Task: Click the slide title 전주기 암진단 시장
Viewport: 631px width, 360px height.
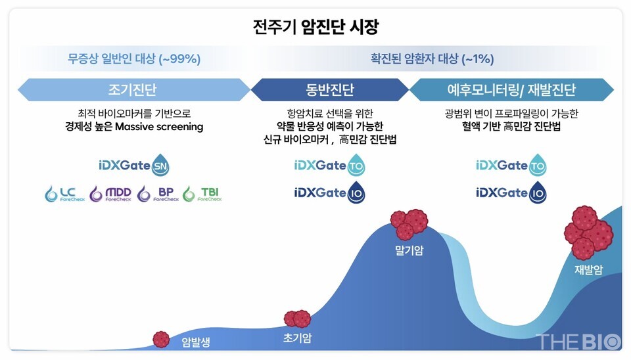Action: point(315,28)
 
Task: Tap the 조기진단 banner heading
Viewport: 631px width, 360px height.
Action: point(132,89)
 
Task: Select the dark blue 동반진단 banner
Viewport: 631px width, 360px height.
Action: point(329,89)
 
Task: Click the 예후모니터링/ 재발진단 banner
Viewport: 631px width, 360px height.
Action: point(511,89)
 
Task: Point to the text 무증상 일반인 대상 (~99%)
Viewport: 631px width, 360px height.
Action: point(134,59)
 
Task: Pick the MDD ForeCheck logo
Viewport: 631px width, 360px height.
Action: point(110,194)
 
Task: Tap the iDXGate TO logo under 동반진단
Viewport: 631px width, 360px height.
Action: point(329,166)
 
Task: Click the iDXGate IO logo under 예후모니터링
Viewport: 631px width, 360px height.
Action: point(511,193)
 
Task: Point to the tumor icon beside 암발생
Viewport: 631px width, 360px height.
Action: point(161,339)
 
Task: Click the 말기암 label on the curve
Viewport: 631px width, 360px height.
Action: point(409,250)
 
